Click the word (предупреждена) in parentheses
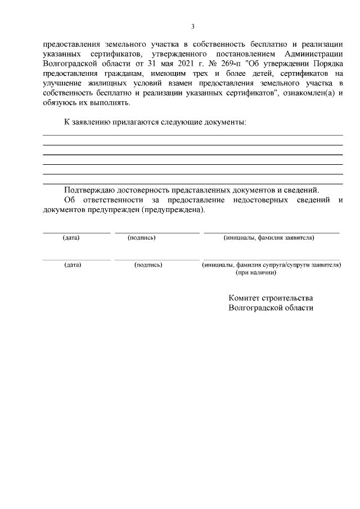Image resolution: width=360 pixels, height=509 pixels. click(174, 210)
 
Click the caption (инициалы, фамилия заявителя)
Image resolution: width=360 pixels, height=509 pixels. click(269, 238)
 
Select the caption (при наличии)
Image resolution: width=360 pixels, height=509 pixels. click(255, 272)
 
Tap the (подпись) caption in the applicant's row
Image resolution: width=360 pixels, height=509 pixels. click(142, 238)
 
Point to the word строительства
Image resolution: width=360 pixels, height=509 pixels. click(290, 298)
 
